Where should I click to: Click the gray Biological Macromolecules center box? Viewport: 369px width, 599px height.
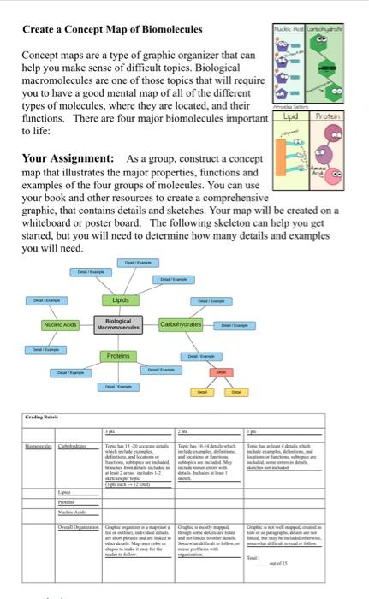[118, 325]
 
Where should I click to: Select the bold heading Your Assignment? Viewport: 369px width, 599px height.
[67, 158]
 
